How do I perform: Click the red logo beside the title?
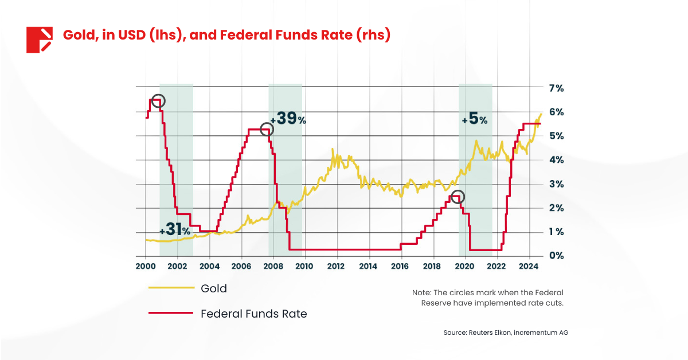pyautogui.click(x=40, y=40)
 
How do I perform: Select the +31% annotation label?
pyautogui.click(x=175, y=230)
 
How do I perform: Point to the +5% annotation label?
pyautogui.click(x=474, y=119)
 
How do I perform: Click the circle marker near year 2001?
pyautogui.click(x=158, y=101)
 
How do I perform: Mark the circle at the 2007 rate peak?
pyautogui.click(x=267, y=130)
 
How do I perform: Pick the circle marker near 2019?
pyautogui.click(x=457, y=197)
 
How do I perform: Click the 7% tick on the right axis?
pyautogui.click(x=556, y=88)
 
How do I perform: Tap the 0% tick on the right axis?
pyautogui.click(x=556, y=256)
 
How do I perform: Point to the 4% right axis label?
pyautogui.click(x=556, y=160)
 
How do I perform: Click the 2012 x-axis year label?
pyautogui.click(x=337, y=267)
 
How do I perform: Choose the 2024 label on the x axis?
pyautogui.click(x=528, y=267)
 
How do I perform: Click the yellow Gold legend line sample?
pyautogui.click(x=170, y=288)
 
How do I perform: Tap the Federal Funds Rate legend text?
pyautogui.click(x=253, y=314)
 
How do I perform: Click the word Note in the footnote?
pyautogui.click(x=423, y=292)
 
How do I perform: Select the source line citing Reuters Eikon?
pyautogui.click(x=505, y=332)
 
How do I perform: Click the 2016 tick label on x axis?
pyautogui.click(x=400, y=267)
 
